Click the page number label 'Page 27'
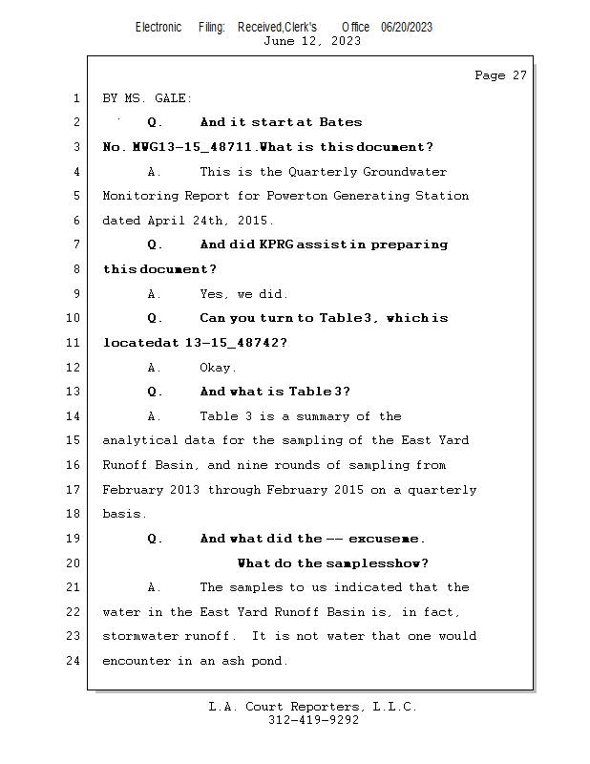500,75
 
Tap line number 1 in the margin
75,98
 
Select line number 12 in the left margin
73,368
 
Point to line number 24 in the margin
73,661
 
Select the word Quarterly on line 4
323,172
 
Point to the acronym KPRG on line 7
276,245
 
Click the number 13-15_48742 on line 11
235,343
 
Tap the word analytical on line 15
140,441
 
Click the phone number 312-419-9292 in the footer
313,720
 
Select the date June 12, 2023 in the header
312,40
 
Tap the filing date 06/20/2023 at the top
407,27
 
